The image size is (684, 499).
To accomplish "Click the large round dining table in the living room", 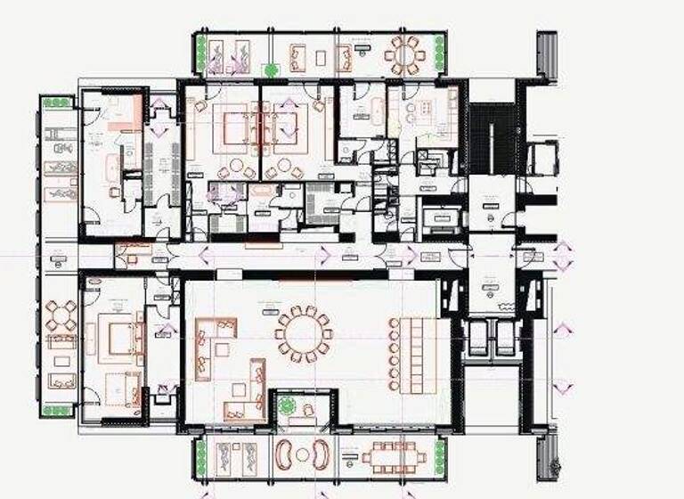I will [x=303, y=334].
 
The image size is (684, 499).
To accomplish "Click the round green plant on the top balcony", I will [x=271, y=70].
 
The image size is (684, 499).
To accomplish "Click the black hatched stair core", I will [x=493, y=138].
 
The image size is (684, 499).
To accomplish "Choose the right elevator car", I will [x=507, y=339].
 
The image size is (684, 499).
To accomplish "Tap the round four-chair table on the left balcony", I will [x=61, y=315].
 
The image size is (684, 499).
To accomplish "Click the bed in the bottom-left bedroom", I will [x=118, y=338].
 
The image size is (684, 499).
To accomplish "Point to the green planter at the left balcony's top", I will [x=57, y=103].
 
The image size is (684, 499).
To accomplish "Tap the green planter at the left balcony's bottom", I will [x=58, y=411].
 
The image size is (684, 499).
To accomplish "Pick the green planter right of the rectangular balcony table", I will [x=439, y=456].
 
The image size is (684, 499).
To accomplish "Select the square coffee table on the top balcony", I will [x=321, y=57].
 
